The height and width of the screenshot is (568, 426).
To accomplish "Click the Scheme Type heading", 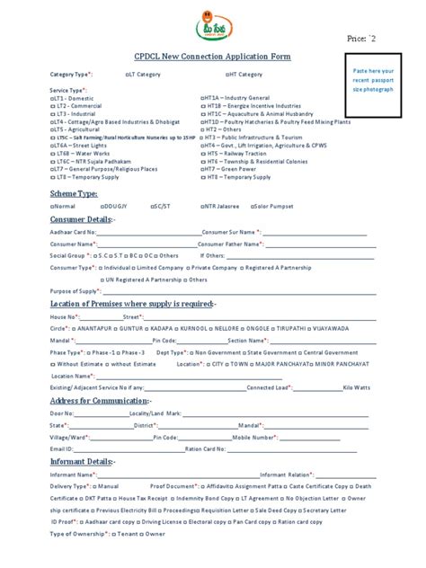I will tap(75, 193).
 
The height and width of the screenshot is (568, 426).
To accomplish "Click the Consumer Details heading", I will tap(83, 219).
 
